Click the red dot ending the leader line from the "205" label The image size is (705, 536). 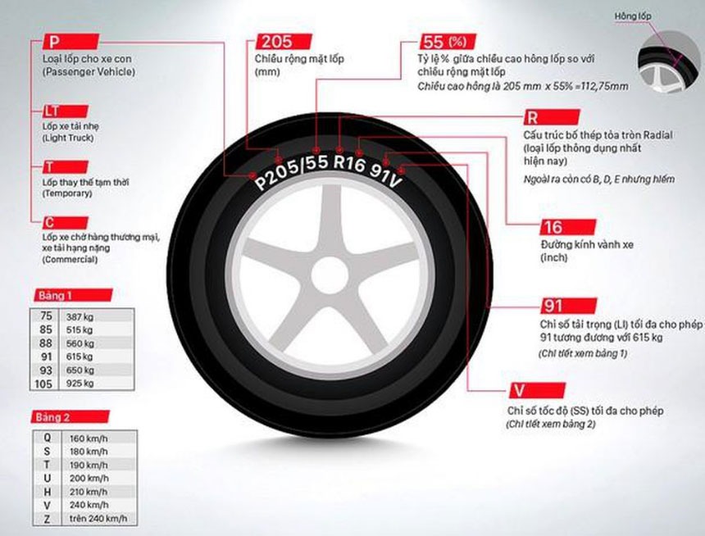(279, 159)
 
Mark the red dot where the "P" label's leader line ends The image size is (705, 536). (252, 175)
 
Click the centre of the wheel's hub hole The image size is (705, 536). (330, 275)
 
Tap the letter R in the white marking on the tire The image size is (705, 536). (340, 162)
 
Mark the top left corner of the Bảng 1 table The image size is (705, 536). (30, 308)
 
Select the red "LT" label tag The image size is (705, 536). (66, 111)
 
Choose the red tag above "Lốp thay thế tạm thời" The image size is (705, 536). (66, 167)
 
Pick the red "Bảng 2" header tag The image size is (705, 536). (70, 417)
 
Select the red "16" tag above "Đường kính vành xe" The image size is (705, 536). (568, 227)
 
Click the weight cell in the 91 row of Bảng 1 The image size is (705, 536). (80, 357)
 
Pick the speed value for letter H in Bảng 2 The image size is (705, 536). (89, 492)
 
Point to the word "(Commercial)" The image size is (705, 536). (70, 260)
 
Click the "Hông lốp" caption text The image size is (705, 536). (633, 16)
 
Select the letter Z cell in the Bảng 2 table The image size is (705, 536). (47, 519)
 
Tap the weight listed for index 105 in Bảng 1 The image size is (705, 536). (80, 384)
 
